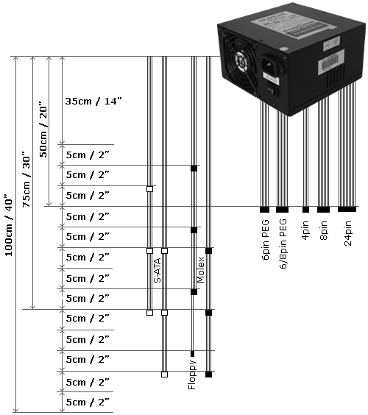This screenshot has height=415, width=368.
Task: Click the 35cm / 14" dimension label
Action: [93, 101]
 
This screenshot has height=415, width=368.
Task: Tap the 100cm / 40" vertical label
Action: [9, 226]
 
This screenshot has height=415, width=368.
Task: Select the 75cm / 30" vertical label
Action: [26, 180]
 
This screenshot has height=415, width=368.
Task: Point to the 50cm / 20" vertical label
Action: [43, 130]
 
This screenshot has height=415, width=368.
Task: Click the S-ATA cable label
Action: [158, 270]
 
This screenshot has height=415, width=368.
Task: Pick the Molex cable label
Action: [201, 270]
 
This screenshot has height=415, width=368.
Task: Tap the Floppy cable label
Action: [192, 375]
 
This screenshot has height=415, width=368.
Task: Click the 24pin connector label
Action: [347, 233]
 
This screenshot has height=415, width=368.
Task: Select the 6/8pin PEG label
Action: [283, 244]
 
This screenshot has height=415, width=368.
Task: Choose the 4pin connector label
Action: [305, 230]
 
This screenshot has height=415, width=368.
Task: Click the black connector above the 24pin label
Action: [347, 210]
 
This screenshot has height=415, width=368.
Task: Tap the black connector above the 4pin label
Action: [305, 210]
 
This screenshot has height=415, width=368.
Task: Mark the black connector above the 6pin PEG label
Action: [264, 210]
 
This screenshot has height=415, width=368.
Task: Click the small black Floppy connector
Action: [193, 354]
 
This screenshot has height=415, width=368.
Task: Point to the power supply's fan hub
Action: [241, 61]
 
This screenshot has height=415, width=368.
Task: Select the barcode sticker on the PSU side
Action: [331, 63]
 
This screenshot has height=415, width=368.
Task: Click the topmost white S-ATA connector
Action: [150, 189]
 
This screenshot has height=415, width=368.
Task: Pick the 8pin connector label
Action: [324, 230]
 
